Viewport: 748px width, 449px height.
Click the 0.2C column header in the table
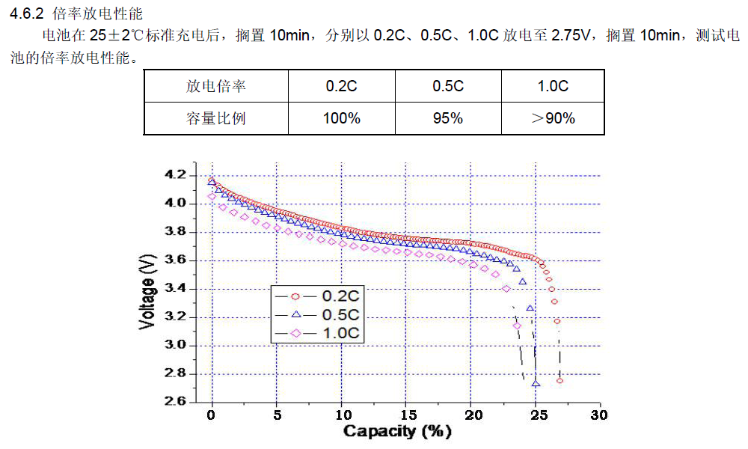point(341,86)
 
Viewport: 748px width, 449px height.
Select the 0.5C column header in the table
point(448,86)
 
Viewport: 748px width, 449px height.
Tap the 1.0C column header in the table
point(553,86)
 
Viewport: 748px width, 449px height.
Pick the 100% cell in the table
point(341,118)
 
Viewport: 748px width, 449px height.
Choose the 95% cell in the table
point(448,118)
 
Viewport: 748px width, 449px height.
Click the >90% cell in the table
point(553,118)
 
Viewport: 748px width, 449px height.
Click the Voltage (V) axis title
point(147,289)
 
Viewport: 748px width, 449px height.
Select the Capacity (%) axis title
point(397,432)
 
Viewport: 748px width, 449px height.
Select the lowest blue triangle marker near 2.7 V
point(536,383)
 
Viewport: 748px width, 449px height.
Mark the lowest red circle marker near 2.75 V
point(560,381)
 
